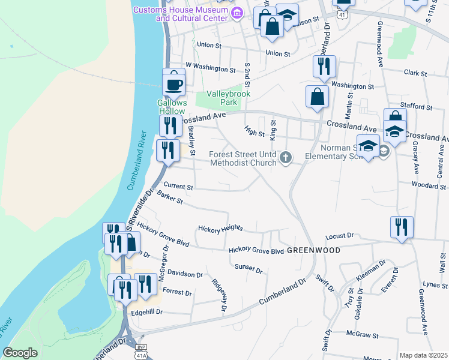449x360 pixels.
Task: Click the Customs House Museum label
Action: [x=181, y=13]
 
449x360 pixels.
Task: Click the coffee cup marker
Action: [x=174, y=85]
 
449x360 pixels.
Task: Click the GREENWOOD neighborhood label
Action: [x=313, y=250]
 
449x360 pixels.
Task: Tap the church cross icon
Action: [x=286, y=158]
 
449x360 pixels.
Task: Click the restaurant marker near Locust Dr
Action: [x=402, y=227]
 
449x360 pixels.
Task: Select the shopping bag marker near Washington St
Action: [x=317, y=97]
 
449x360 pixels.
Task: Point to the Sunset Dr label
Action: [x=249, y=268]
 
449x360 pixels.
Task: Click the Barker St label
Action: [x=170, y=197]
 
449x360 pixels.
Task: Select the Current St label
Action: [x=178, y=187]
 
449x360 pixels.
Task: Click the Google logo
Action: [x=20, y=353]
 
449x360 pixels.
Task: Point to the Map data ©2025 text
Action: [x=423, y=355]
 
